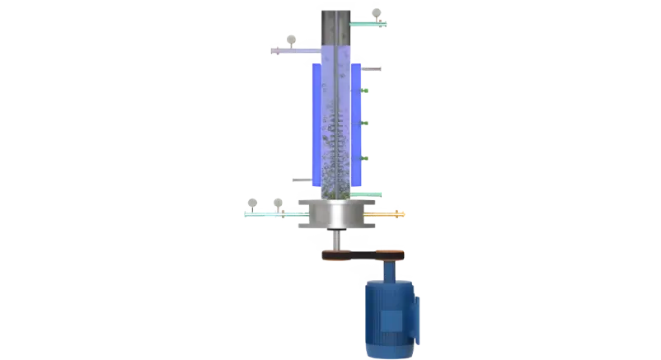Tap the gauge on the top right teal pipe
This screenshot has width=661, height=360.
coord(376,13)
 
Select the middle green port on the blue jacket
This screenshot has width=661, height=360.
coord(363,124)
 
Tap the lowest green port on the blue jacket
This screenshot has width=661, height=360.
coord(363,157)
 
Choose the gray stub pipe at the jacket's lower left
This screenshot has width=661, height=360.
coord(301,175)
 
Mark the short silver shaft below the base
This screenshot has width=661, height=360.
coord(336,241)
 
